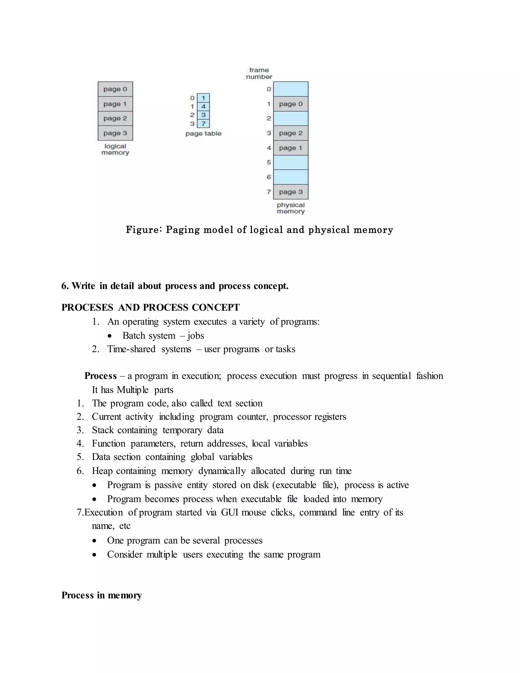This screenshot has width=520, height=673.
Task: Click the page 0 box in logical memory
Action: coord(115,89)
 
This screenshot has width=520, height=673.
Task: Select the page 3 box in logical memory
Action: coord(115,133)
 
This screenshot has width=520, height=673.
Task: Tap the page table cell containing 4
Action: coord(203,106)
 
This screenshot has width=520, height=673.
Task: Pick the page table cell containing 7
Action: coord(203,124)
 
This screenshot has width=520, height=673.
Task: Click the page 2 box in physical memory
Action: coord(290,133)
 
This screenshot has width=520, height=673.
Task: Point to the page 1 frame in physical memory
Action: coord(290,148)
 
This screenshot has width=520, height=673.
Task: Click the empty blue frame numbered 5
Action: coord(290,162)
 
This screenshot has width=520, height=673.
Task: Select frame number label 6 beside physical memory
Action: coord(269,177)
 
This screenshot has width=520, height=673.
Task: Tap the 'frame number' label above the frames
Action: coord(259,73)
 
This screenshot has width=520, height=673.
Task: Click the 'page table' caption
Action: coord(203,133)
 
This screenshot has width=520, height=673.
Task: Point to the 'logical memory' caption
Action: coord(115,149)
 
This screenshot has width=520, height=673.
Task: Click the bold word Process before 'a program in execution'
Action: coord(101,376)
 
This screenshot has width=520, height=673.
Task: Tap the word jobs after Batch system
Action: coord(196,335)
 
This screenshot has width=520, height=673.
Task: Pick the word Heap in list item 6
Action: coord(102,471)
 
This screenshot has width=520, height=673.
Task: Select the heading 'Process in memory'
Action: coord(102,595)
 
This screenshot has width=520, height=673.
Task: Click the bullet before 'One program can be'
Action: coord(94,541)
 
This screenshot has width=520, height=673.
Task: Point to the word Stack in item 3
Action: coord(103,430)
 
